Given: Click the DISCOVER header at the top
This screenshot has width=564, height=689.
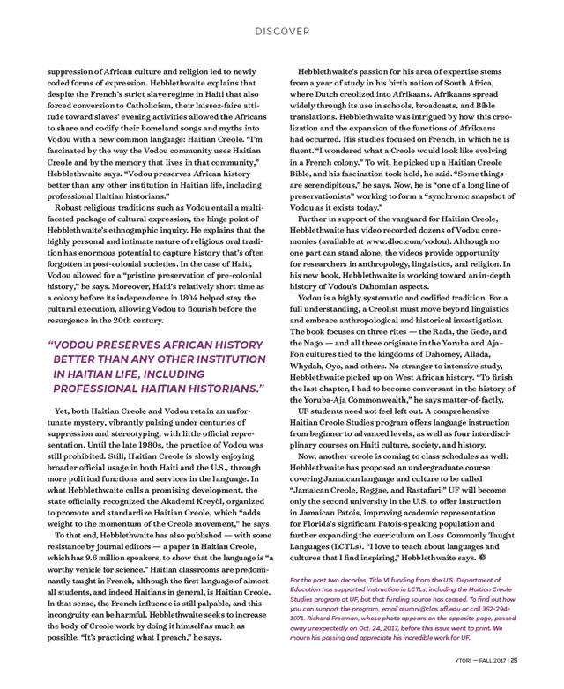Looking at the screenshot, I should click(x=282, y=31).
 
